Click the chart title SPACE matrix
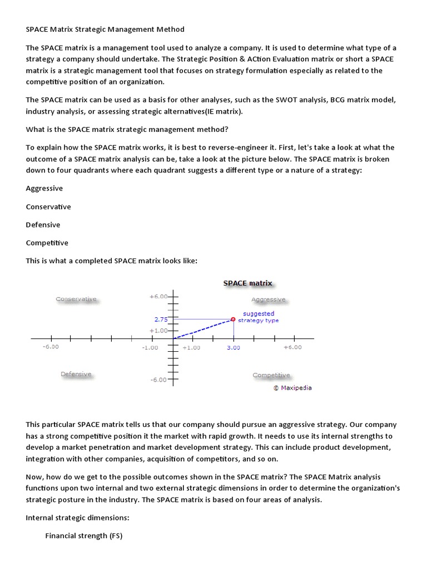pyautogui.click(x=247, y=283)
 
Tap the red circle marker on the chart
pyautogui.click(x=233, y=319)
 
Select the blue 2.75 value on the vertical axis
pyautogui.click(x=161, y=320)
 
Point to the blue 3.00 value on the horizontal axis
pyautogui.click(x=233, y=347)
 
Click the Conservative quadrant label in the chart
pyautogui.click(x=76, y=299)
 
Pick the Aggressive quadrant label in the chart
pyautogui.click(x=268, y=299)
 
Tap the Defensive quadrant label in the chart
pyautogui.click(x=76, y=374)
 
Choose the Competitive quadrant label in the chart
pyautogui.click(x=271, y=375)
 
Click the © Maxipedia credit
pyautogui.click(x=292, y=388)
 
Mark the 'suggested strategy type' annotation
pyautogui.click(x=259, y=317)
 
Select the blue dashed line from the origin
pyautogui.click(x=203, y=329)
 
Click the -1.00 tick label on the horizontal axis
pyautogui.click(x=150, y=347)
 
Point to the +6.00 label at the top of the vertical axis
pyautogui.click(x=158, y=297)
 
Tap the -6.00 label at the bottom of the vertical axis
pyautogui.click(x=158, y=380)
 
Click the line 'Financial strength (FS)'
pyautogui.click(x=83, y=535)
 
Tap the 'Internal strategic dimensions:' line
pyautogui.click(x=77, y=518)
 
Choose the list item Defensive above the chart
pyautogui.click(x=43, y=225)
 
